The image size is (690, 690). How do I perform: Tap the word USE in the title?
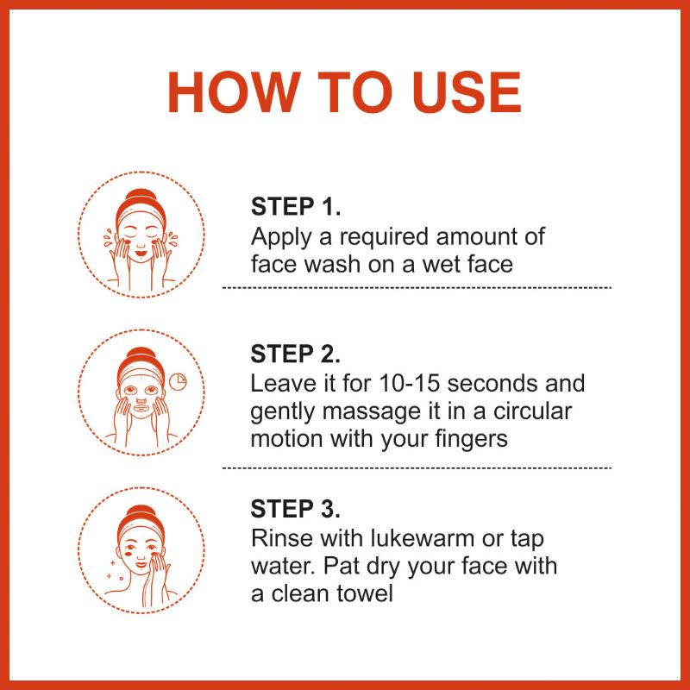click(x=467, y=92)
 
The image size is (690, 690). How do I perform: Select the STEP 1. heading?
click(x=295, y=206)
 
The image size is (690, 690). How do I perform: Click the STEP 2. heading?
click(x=295, y=354)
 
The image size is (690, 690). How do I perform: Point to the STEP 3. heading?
click(x=295, y=509)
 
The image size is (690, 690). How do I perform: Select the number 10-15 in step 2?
click(x=409, y=383)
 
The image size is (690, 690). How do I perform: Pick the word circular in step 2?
click(x=532, y=411)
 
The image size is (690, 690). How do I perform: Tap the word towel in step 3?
click(x=364, y=593)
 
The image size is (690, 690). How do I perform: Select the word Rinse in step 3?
click(x=281, y=538)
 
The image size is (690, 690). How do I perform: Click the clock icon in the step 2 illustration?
click(x=178, y=382)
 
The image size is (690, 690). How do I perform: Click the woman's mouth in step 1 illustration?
click(x=141, y=254)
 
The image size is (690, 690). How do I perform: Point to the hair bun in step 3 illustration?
click(x=141, y=512)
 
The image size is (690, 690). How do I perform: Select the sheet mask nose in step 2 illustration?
click(x=141, y=400)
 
